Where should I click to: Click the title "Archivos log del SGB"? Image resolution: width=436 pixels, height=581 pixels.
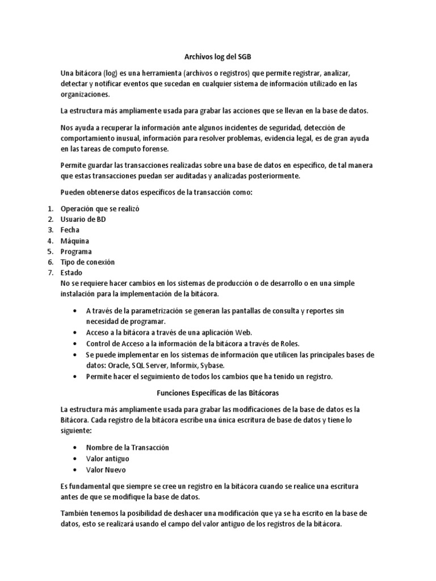(x=217, y=57)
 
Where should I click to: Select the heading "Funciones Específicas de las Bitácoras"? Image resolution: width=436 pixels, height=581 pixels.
(x=217, y=393)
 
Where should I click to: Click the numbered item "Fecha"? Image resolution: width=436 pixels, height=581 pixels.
(x=70, y=230)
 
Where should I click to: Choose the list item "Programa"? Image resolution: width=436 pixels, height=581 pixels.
(x=77, y=251)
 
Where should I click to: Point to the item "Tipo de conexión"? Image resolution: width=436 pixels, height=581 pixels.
(x=87, y=262)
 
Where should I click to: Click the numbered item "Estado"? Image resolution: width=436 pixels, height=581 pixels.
(x=72, y=273)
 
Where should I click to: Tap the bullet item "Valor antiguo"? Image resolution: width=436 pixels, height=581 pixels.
(x=108, y=458)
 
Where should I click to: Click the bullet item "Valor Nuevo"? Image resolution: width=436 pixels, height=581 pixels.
(x=106, y=470)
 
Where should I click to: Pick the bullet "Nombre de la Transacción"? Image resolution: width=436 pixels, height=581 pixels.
(x=127, y=448)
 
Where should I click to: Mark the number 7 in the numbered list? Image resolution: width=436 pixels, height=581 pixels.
(x=49, y=273)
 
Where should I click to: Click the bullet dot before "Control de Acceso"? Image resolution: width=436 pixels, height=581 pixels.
(x=76, y=344)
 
